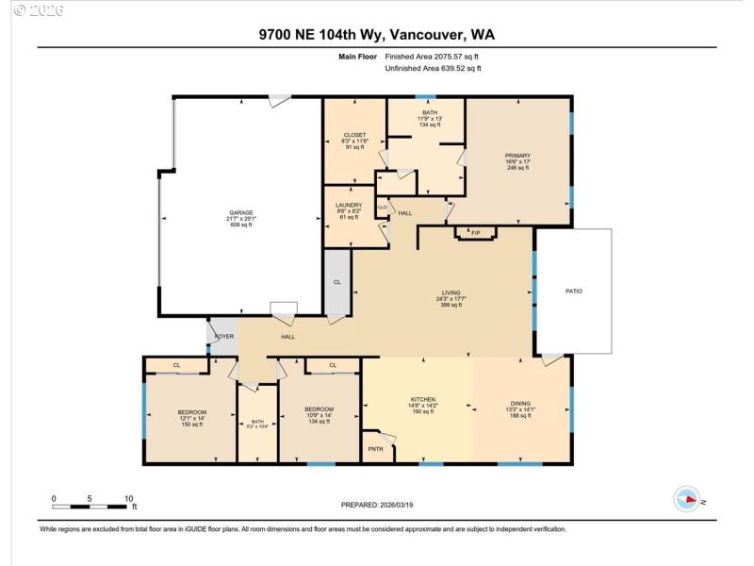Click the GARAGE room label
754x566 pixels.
click(x=241, y=213)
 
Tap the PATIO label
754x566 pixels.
click(x=573, y=291)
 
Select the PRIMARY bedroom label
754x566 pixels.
click(x=517, y=156)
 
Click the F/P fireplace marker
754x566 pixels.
click(x=475, y=232)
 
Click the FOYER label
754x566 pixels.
click(x=224, y=336)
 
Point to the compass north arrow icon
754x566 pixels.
click(x=686, y=500)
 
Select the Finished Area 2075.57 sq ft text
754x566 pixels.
click(x=434, y=57)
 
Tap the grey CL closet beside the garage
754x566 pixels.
click(x=336, y=281)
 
